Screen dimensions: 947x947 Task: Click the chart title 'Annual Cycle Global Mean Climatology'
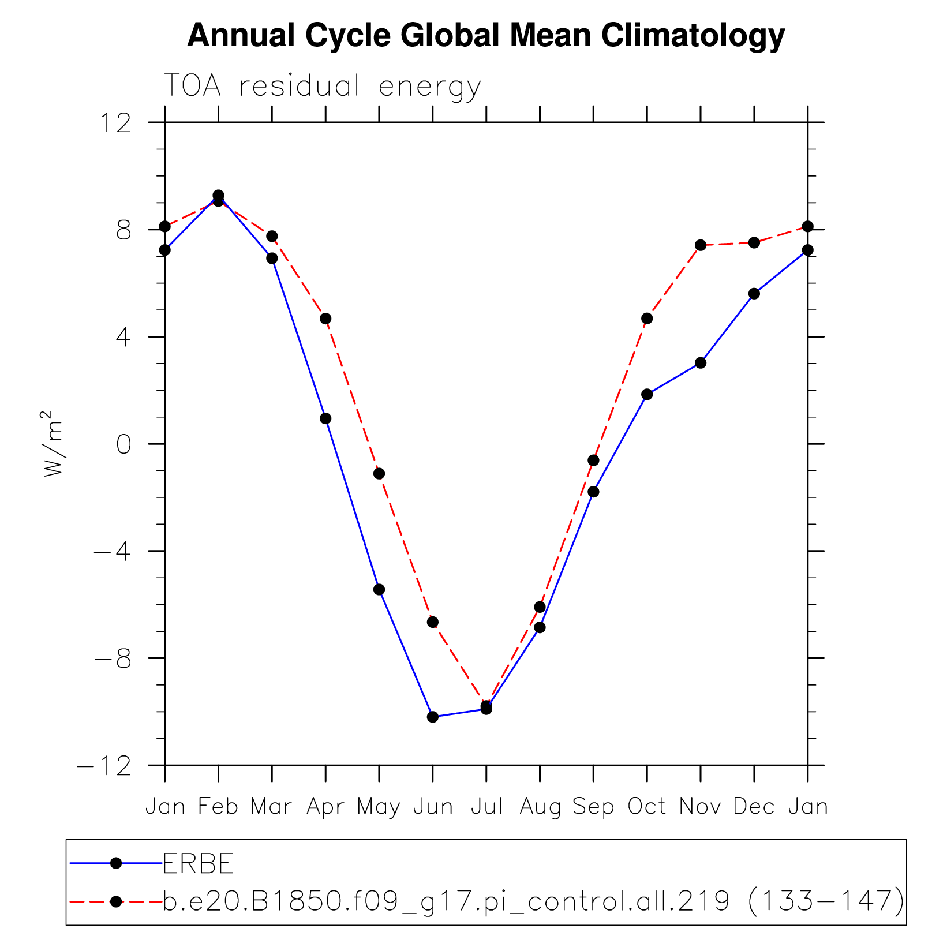(486, 36)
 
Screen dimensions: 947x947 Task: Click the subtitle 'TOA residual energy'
(323, 87)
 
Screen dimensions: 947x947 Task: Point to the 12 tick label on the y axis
(115, 122)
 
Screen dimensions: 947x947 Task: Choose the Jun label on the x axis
(433, 806)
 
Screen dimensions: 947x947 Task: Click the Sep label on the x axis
(593, 806)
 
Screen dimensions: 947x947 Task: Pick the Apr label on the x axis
(325, 806)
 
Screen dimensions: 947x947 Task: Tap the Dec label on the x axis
(754, 806)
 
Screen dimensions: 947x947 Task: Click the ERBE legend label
(199, 864)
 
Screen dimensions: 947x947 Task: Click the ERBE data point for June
(433, 717)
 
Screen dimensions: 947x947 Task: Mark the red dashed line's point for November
(701, 245)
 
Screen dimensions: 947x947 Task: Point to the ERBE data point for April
(325, 418)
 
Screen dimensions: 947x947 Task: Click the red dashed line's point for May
(379, 474)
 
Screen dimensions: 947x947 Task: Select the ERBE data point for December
(754, 294)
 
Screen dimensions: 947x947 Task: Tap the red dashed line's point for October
(647, 319)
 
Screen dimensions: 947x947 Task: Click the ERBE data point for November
(701, 363)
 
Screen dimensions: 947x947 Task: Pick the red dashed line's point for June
(433, 622)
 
